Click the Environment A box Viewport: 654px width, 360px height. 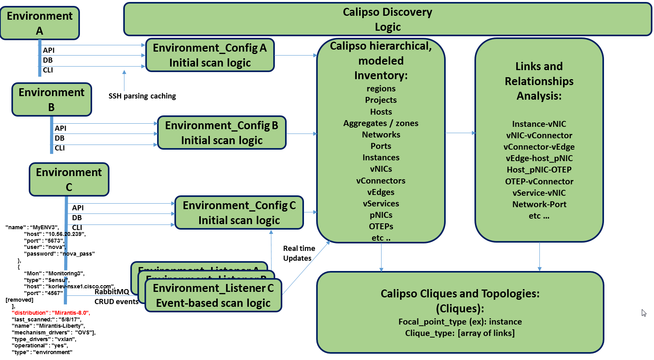[x=40, y=23]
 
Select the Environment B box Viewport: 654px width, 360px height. [x=52, y=100]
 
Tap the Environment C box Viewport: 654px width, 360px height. [x=69, y=180]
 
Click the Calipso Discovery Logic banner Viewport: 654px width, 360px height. [x=387, y=19]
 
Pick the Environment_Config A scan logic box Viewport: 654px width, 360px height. [x=210, y=55]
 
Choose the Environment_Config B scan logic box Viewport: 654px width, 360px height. [x=222, y=133]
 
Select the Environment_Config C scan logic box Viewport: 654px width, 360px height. [x=239, y=213]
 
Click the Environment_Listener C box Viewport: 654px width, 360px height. [x=213, y=295]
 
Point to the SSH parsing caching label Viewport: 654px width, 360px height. [x=142, y=96]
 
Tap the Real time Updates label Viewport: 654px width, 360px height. [x=299, y=253]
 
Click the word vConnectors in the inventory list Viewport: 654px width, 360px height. [x=381, y=181]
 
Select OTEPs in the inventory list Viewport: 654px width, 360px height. [x=381, y=226]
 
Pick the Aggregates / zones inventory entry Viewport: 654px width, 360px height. [x=381, y=123]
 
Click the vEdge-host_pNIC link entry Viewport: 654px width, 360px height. [x=539, y=158]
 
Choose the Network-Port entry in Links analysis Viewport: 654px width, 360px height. [x=539, y=204]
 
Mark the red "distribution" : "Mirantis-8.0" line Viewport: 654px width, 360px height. [x=51, y=313]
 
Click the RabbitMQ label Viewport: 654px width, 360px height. [x=112, y=292]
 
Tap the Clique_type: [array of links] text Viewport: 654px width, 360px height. [x=460, y=333]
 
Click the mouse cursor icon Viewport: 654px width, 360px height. [x=644, y=313]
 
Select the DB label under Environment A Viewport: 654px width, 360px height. [x=48, y=60]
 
